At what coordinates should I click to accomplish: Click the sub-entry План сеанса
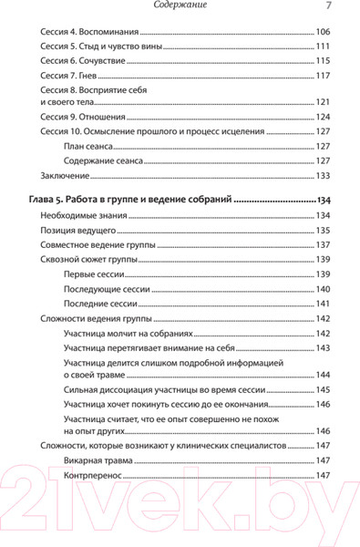tap(94, 146)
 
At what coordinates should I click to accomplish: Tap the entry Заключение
tap(67, 175)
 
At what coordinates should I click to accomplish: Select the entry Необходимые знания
tap(85, 215)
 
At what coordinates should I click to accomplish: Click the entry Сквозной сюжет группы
tap(89, 260)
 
